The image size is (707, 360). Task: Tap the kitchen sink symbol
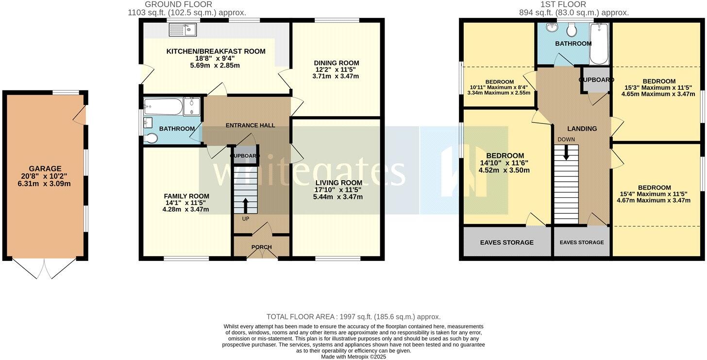[182, 31]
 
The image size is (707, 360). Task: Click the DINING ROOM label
[336, 63]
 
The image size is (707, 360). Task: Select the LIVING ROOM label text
[338, 183]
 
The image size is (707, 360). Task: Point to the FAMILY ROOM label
[186, 196]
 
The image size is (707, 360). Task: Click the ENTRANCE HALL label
[250, 125]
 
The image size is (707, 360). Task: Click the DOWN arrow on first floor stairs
[566, 152]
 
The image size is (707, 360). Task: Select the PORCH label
[261, 247]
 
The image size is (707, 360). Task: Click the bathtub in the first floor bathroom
[598, 44]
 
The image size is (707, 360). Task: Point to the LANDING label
[582, 129]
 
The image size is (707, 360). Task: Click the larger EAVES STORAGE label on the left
[506, 242]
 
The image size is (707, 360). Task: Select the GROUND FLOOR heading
[178, 4]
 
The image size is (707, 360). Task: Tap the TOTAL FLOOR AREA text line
[353, 317]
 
